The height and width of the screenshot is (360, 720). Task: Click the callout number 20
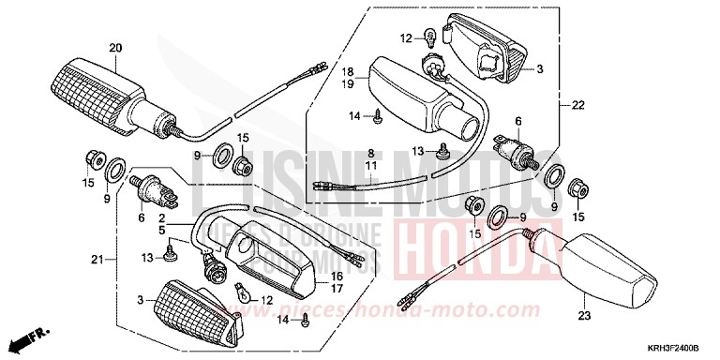(116, 48)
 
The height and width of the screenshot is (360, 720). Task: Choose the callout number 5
(161, 228)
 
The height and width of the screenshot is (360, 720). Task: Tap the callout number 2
(161, 216)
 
